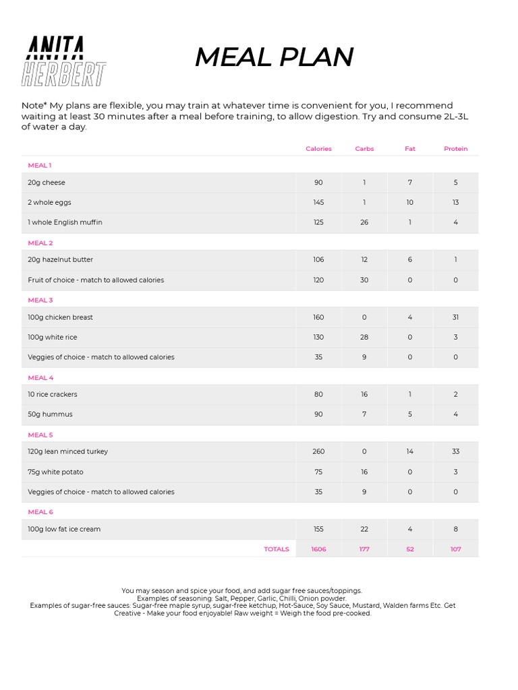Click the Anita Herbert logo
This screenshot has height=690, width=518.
click(64, 61)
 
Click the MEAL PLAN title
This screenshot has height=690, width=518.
click(274, 57)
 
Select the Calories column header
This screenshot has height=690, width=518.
click(318, 149)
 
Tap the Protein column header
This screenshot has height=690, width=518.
click(455, 149)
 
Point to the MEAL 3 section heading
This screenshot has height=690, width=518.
click(40, 300)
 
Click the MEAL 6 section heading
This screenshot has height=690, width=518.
click(40, 512)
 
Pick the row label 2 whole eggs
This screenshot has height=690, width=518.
click(49, 202)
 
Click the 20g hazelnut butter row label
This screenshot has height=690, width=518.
click(61, 259)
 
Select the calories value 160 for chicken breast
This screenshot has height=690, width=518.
click(318, 317)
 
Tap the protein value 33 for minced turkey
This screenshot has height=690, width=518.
click(455, 451)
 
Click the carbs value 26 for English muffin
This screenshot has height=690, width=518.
click(364, 222)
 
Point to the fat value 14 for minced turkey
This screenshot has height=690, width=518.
click(410, 451)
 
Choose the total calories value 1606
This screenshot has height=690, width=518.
click(318, 549)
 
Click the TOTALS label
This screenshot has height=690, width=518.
click(277, 549)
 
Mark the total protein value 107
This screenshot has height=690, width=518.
click(455, 549)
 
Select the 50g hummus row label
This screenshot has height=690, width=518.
click(50, 414)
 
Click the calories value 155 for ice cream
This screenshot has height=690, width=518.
click(318, 529)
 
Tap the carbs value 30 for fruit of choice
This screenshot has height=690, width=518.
click(364, 280)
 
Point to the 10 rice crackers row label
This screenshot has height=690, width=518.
click(53, 394)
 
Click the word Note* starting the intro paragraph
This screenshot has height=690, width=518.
click(34, 106)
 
